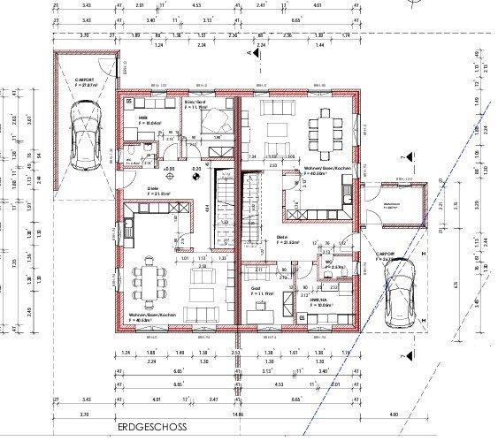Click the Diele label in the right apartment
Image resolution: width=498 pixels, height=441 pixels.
pyautogui.click(x=283, y=237)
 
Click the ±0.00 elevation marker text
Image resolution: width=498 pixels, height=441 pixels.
pyautogui.click(x=168, y=168)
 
